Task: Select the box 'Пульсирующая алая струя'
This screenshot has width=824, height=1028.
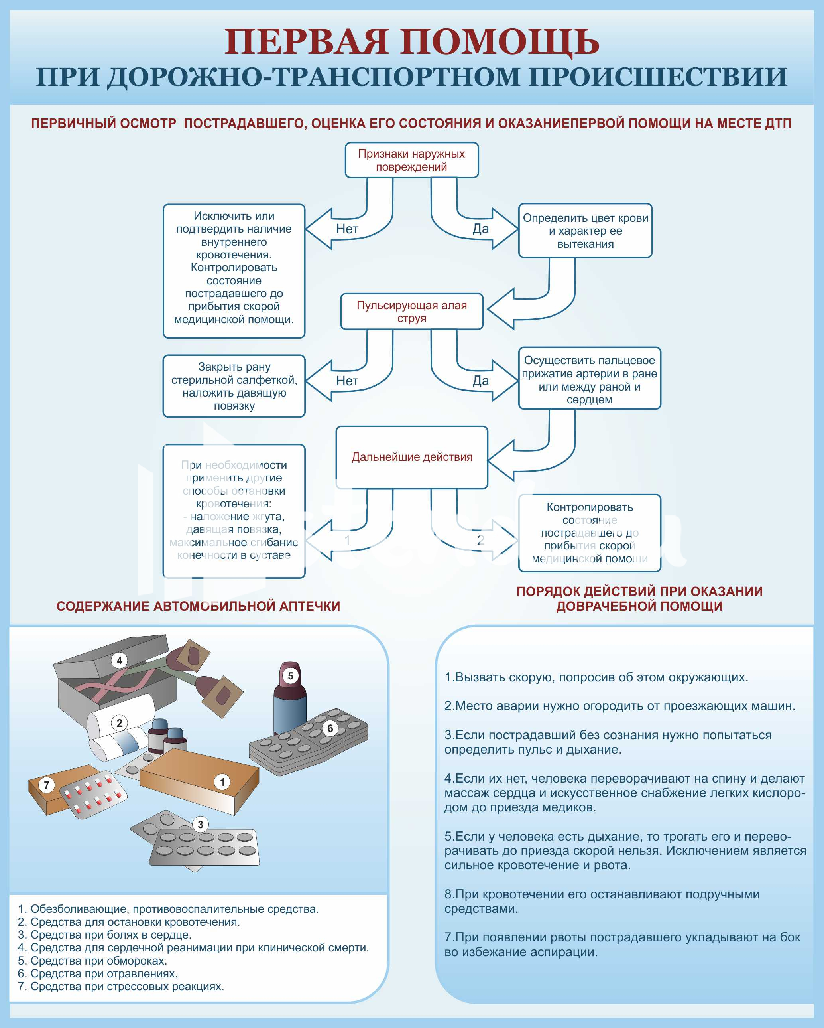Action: pyautogui.click(x=412, y=312)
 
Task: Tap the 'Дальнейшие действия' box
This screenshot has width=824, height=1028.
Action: pyautogui.click(x=412, y=457)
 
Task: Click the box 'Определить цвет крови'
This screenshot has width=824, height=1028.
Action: pyautogui.click(x=585, y=231)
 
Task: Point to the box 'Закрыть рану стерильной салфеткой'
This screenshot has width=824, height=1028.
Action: pyautogui.click(x=234, y=386)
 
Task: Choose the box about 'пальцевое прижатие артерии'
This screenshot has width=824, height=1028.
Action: pyautogui.click(x=590, y=378)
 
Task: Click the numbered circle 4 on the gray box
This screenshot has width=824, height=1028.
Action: pyautogui.click(x=119, y=660)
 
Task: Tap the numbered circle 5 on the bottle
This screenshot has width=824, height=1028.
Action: pyautogui.click(x=290, y=676)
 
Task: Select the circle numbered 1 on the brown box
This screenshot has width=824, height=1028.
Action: pyautogui.click(x=222, y=782)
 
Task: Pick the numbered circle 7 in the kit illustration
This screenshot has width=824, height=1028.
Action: pyautogui.click(x=46, y=785)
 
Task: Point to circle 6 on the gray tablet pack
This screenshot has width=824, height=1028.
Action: pyautogui.click(x=330, y=728)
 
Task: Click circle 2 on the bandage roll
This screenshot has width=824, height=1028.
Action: pyautogui.click(x=120, y=723)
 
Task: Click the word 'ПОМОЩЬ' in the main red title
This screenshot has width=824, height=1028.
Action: pyautogui.click(x=499, y=42)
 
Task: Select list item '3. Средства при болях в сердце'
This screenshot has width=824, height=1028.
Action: pyautogui.click(x=104, y=935)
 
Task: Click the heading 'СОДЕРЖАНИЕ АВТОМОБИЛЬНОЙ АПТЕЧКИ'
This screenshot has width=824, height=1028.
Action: pyautogui.click(x=198, y=606)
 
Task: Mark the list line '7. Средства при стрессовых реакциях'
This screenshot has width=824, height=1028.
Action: pyautogui.click(x=120, y=987)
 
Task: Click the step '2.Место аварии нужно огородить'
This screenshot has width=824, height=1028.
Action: pyautogui.click(x=619, y=706)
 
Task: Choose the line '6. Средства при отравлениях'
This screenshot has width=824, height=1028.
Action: pyautogui.click(x=97, y=974)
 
